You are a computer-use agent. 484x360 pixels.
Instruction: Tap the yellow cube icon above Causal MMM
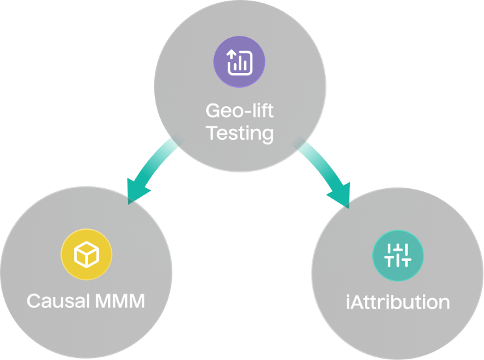pos(87,255)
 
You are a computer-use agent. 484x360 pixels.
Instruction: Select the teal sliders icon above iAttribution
pos(397,255)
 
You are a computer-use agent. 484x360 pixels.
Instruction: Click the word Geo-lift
pos(239,110)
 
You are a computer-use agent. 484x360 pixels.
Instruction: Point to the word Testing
pos(239,133)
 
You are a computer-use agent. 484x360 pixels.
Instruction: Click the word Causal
pos(58,301)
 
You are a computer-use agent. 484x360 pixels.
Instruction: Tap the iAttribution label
pos(397,302)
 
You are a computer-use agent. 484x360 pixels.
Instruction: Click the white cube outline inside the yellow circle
pos(87,255)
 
